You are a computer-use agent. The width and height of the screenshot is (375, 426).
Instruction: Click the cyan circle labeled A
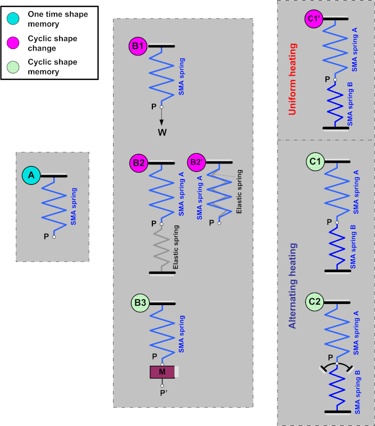pyautogui.click(x=31, y=175)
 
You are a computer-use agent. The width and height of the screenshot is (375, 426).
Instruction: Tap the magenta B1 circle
pyautogui.click(x=138, y=46)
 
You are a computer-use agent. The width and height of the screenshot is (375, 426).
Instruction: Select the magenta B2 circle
pyautogui.click(x=139, y=163)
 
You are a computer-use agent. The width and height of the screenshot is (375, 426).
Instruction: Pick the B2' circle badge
pyautogui.click(x=197, y=162)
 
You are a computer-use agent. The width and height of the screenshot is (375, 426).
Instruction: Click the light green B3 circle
pyautogui.click(x=140, y=302)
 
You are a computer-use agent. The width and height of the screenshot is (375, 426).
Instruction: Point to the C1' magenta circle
pyautogui.click(x=314, y=19)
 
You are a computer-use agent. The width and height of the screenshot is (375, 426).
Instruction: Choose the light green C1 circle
pyautogui.click(x=315, y=162)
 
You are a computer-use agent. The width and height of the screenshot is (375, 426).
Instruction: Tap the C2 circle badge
pyautogui.click(x=315, y=301)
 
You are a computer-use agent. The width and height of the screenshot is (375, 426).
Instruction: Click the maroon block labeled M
pyautogui.click(x=162, y=372)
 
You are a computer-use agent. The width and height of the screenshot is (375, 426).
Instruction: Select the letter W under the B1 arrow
pyautogui.click(x=162, y=132)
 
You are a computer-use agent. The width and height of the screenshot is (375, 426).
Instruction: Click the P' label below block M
pyautogui.click(x=164, y=393)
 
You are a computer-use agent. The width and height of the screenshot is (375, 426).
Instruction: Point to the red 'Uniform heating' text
pyautogui.click(x=292, y=79)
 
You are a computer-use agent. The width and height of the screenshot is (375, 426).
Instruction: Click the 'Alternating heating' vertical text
pyautogui.click(x=292, y=286)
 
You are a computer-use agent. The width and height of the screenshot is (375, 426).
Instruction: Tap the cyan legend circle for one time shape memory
pyautogui.click(x=13, y=19)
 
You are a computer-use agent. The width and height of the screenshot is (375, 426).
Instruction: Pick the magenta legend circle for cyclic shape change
pyautogui.click(x=13, y=43)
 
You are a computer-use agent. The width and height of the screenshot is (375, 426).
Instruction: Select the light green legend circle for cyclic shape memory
pyautogui.click(x=13, y=67)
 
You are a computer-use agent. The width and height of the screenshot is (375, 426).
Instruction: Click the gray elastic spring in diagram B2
pyautogui.click(x=161, y=249)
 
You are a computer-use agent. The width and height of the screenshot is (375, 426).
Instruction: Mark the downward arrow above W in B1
pyautogui.click(x=161, y=117)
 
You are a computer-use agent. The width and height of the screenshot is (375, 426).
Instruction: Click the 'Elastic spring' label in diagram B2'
pyautogui.click(x=239, y=192)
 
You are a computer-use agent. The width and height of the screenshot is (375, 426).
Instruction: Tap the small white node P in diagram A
pyautogui.click(x=54, y=237)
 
